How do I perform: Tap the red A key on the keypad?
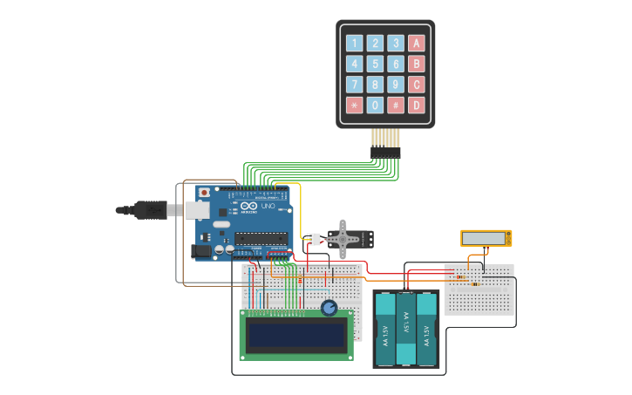pos(417,43)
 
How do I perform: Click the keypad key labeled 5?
pos(375,64)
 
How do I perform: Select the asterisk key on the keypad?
pos(354,106)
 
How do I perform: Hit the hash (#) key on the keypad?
pos(396,106)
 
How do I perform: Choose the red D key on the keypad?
pos(417,106)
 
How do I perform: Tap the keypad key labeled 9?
pos(396,85)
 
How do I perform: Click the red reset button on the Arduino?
pos(204,192)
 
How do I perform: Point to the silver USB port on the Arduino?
pos(197,210)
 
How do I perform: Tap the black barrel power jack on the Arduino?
pos(202,250)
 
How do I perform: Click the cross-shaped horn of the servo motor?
pos(343,237)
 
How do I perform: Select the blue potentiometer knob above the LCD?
pos(329,308)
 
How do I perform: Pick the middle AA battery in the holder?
pos(405,329)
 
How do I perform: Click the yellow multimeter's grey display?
pos(484,238)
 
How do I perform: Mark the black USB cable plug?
pos(149,210)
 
